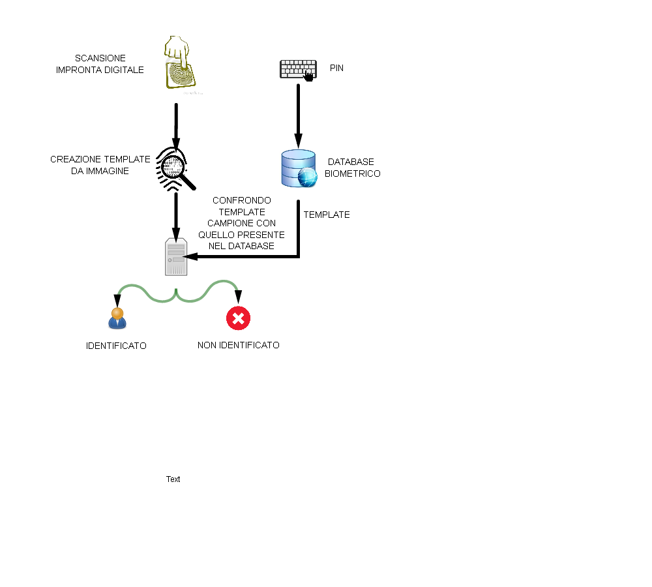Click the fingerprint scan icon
[180, 63]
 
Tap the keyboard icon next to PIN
[298, 70]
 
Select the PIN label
[336, 68]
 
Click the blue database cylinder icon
[299, 168]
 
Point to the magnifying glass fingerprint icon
[175, 169]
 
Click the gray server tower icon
[176, 257]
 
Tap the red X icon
[238, 318]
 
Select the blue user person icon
[117, 318]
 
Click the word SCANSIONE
[100, 58]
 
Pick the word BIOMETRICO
[353, 173]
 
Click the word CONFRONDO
[242, 200]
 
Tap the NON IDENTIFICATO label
[238, 345]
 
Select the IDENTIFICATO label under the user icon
[116, 346]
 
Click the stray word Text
[173, 479]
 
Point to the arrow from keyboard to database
[298, 116]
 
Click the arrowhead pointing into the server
[190, 257]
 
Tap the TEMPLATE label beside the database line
[327, 215]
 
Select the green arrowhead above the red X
[238, 297]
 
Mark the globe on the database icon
[308, 177]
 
